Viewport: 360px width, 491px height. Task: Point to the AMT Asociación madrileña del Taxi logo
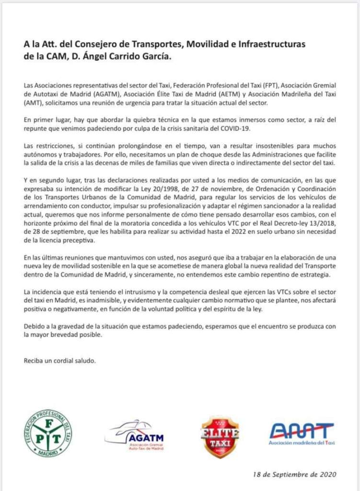[302, 433]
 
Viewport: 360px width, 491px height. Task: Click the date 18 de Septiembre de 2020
[295, 474]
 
